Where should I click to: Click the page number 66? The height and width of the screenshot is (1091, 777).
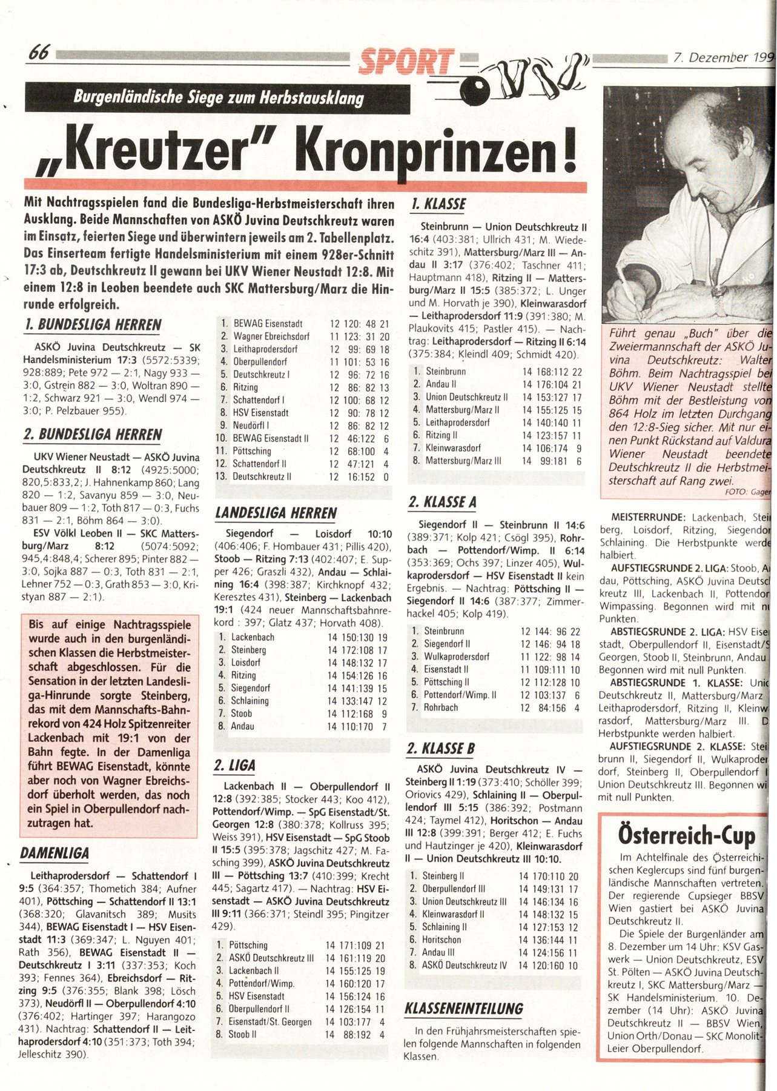coord(39,53)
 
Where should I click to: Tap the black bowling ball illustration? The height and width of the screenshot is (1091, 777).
coord(471,91)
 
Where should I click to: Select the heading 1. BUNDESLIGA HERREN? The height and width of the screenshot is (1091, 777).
coord(93,325)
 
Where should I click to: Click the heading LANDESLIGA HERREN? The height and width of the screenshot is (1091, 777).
coord(276,513)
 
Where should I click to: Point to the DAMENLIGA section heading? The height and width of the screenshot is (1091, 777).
coord(55,853)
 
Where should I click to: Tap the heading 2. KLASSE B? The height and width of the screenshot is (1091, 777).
coord(440,749)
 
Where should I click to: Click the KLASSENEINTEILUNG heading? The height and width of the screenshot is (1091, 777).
coord(464,1009)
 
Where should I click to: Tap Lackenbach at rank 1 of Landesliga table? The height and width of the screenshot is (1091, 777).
coord(253,637)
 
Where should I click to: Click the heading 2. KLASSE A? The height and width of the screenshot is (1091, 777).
coord(442,502)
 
